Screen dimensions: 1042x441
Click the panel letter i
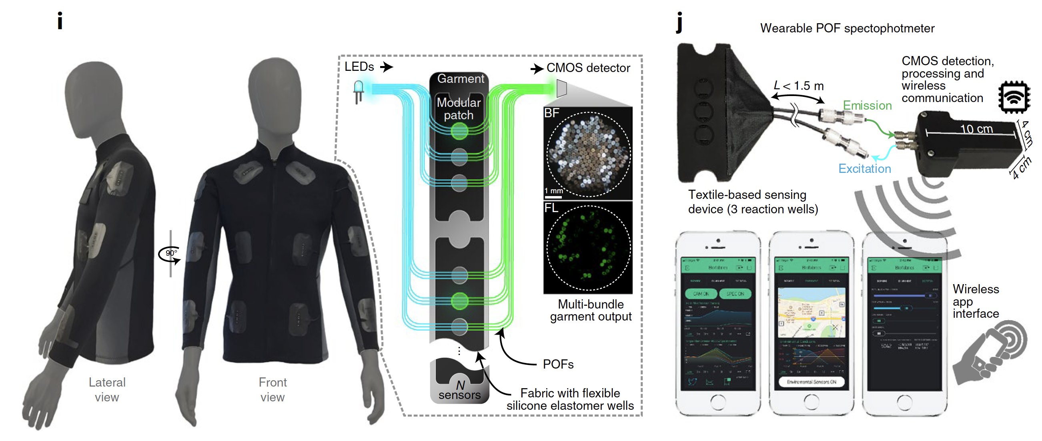pos(60,21)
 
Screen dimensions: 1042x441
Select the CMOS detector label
pos(588,68)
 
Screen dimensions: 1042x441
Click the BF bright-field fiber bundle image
pos(589,154)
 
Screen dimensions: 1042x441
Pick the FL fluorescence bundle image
pos(589,248)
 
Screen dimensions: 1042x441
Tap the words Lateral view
pos(107,390)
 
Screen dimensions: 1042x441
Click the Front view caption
pos(273,390)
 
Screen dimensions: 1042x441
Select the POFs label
pos(558,365)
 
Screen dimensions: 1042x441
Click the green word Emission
pos(867,106)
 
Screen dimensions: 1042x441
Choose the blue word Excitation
pos(864,169)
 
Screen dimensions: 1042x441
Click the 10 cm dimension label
pos(976,129)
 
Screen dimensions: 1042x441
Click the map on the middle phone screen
pos(812,312)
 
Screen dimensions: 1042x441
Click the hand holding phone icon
pos(991,353)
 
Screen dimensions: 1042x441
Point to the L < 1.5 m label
pos(798,86)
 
